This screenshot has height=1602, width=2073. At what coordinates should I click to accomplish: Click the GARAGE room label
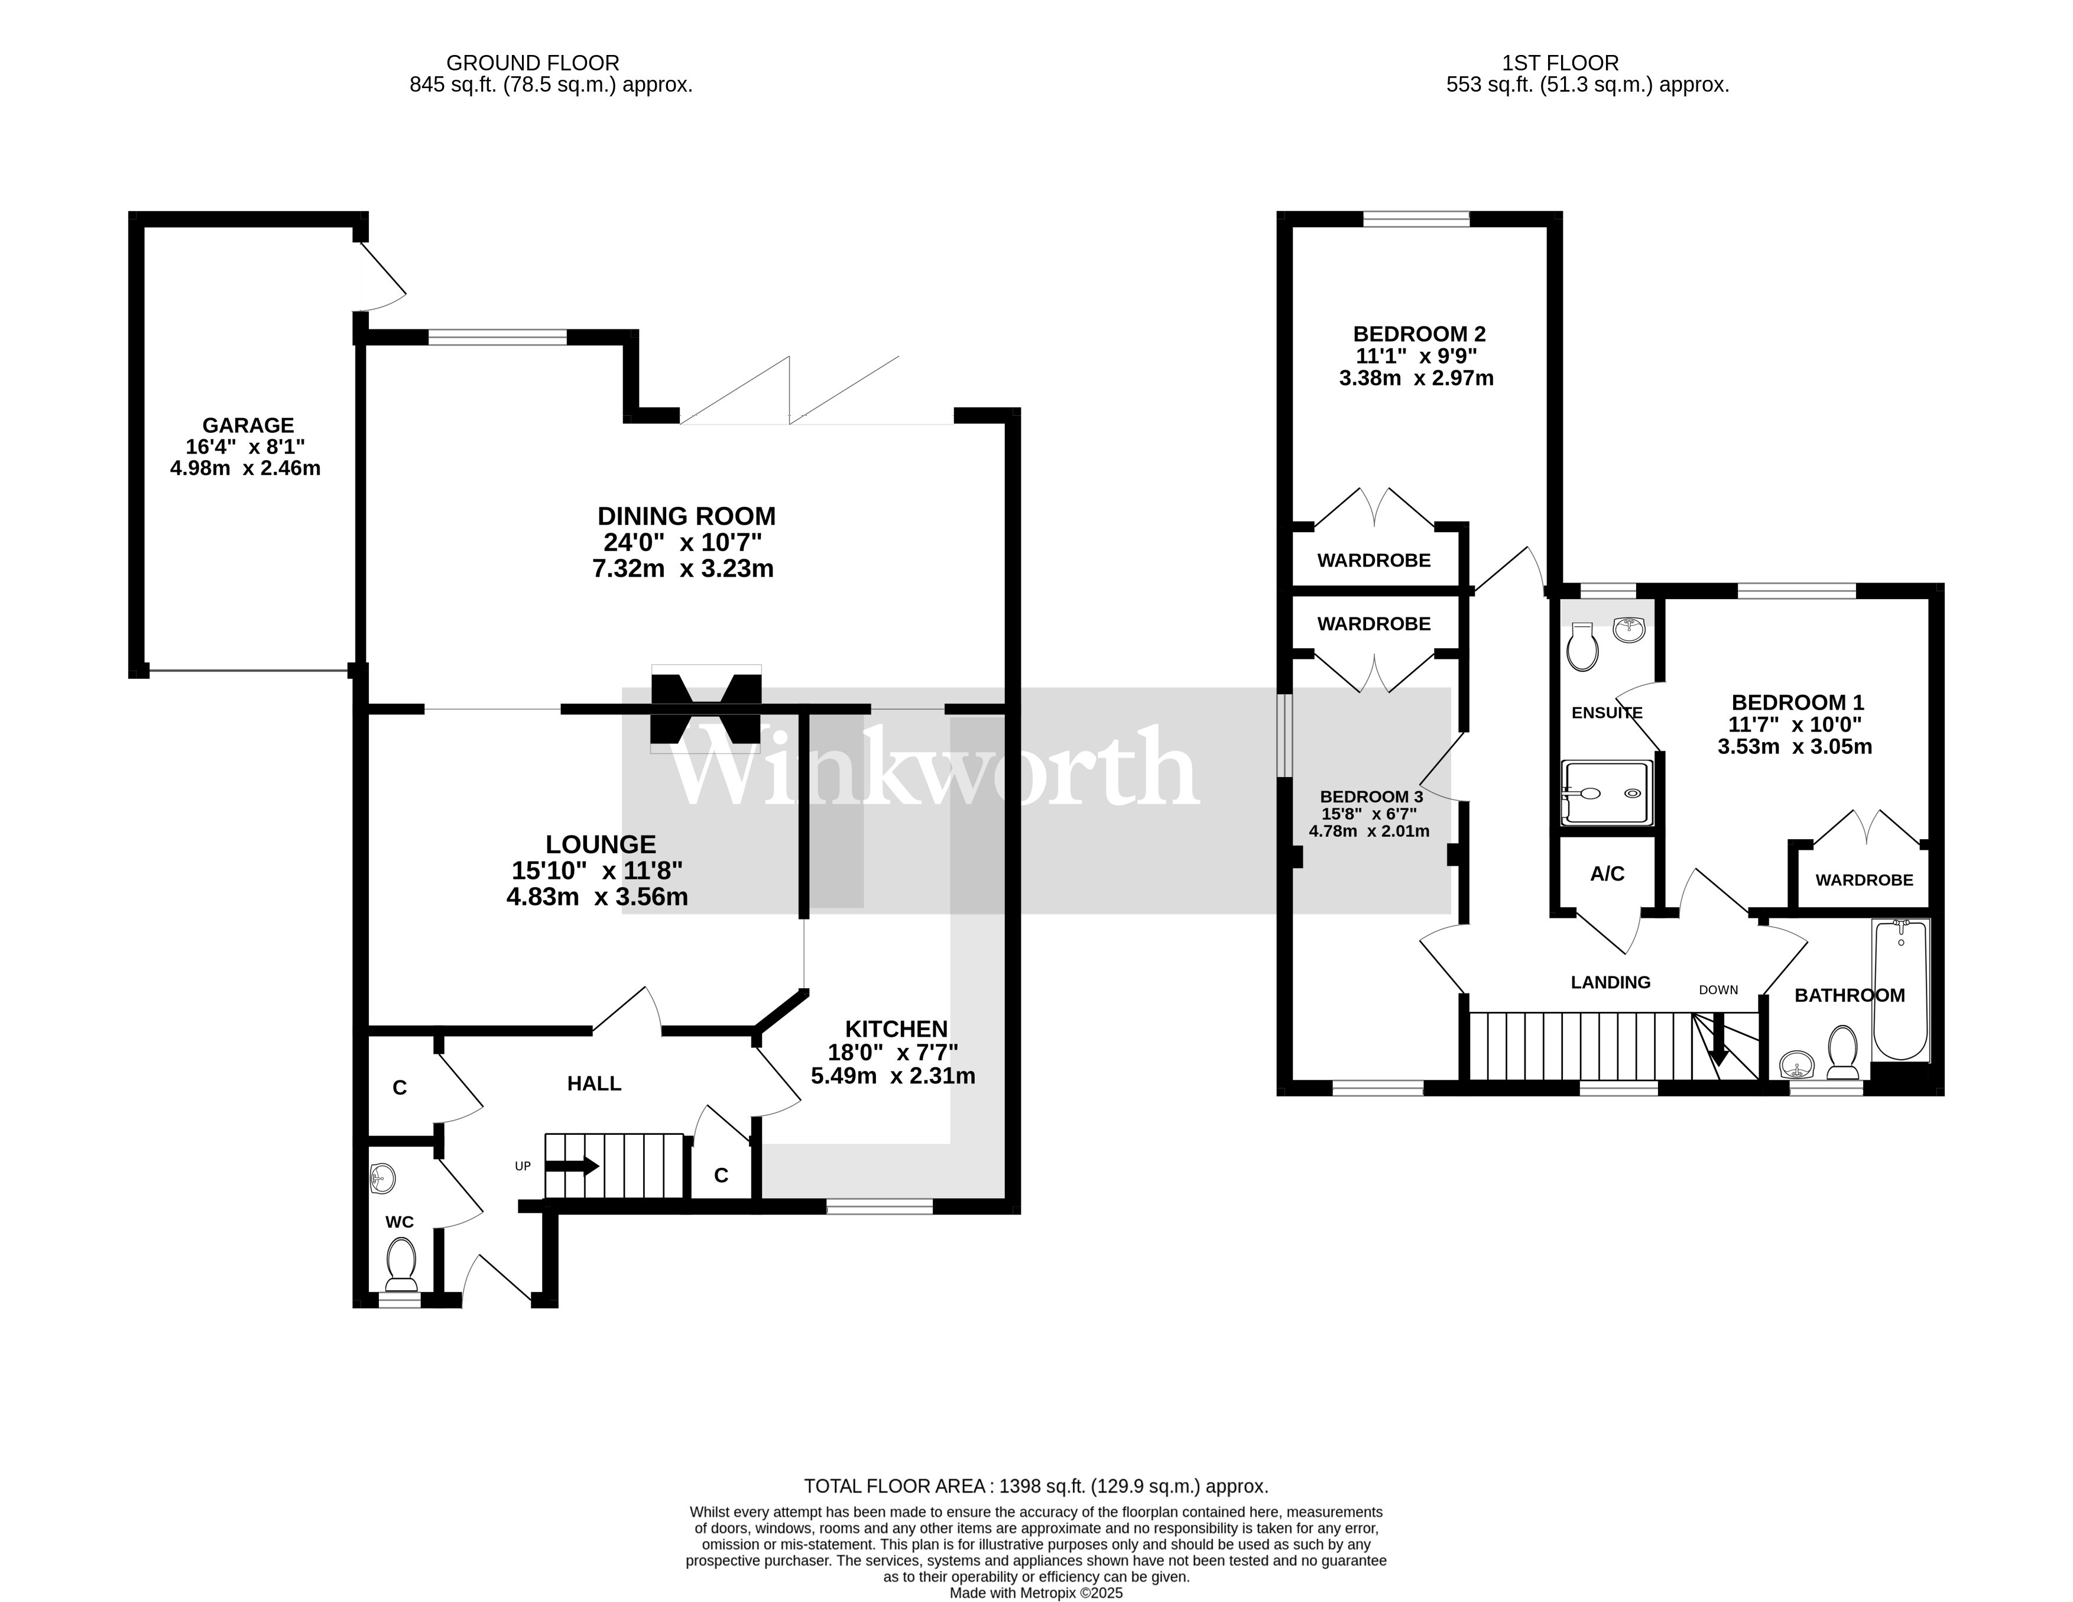coord(248,425)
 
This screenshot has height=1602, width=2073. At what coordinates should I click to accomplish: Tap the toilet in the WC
coord(401,1264)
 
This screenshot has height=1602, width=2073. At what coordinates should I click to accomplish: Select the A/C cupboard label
coord(1607,873)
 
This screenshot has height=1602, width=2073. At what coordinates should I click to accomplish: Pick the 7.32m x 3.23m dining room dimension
coord(683,569)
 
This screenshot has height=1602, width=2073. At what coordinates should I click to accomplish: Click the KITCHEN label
coord(896,1028)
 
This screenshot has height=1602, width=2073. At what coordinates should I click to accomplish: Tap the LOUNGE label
coord(600,844)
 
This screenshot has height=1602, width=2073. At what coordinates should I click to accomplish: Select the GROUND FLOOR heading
coord(533,63)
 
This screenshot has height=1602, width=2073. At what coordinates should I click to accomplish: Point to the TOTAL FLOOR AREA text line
coord(1036,1486)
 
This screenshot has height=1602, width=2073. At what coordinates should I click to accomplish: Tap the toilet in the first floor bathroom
coord(1842,1052)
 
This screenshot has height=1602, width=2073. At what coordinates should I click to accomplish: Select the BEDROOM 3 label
coord(1371,797)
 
